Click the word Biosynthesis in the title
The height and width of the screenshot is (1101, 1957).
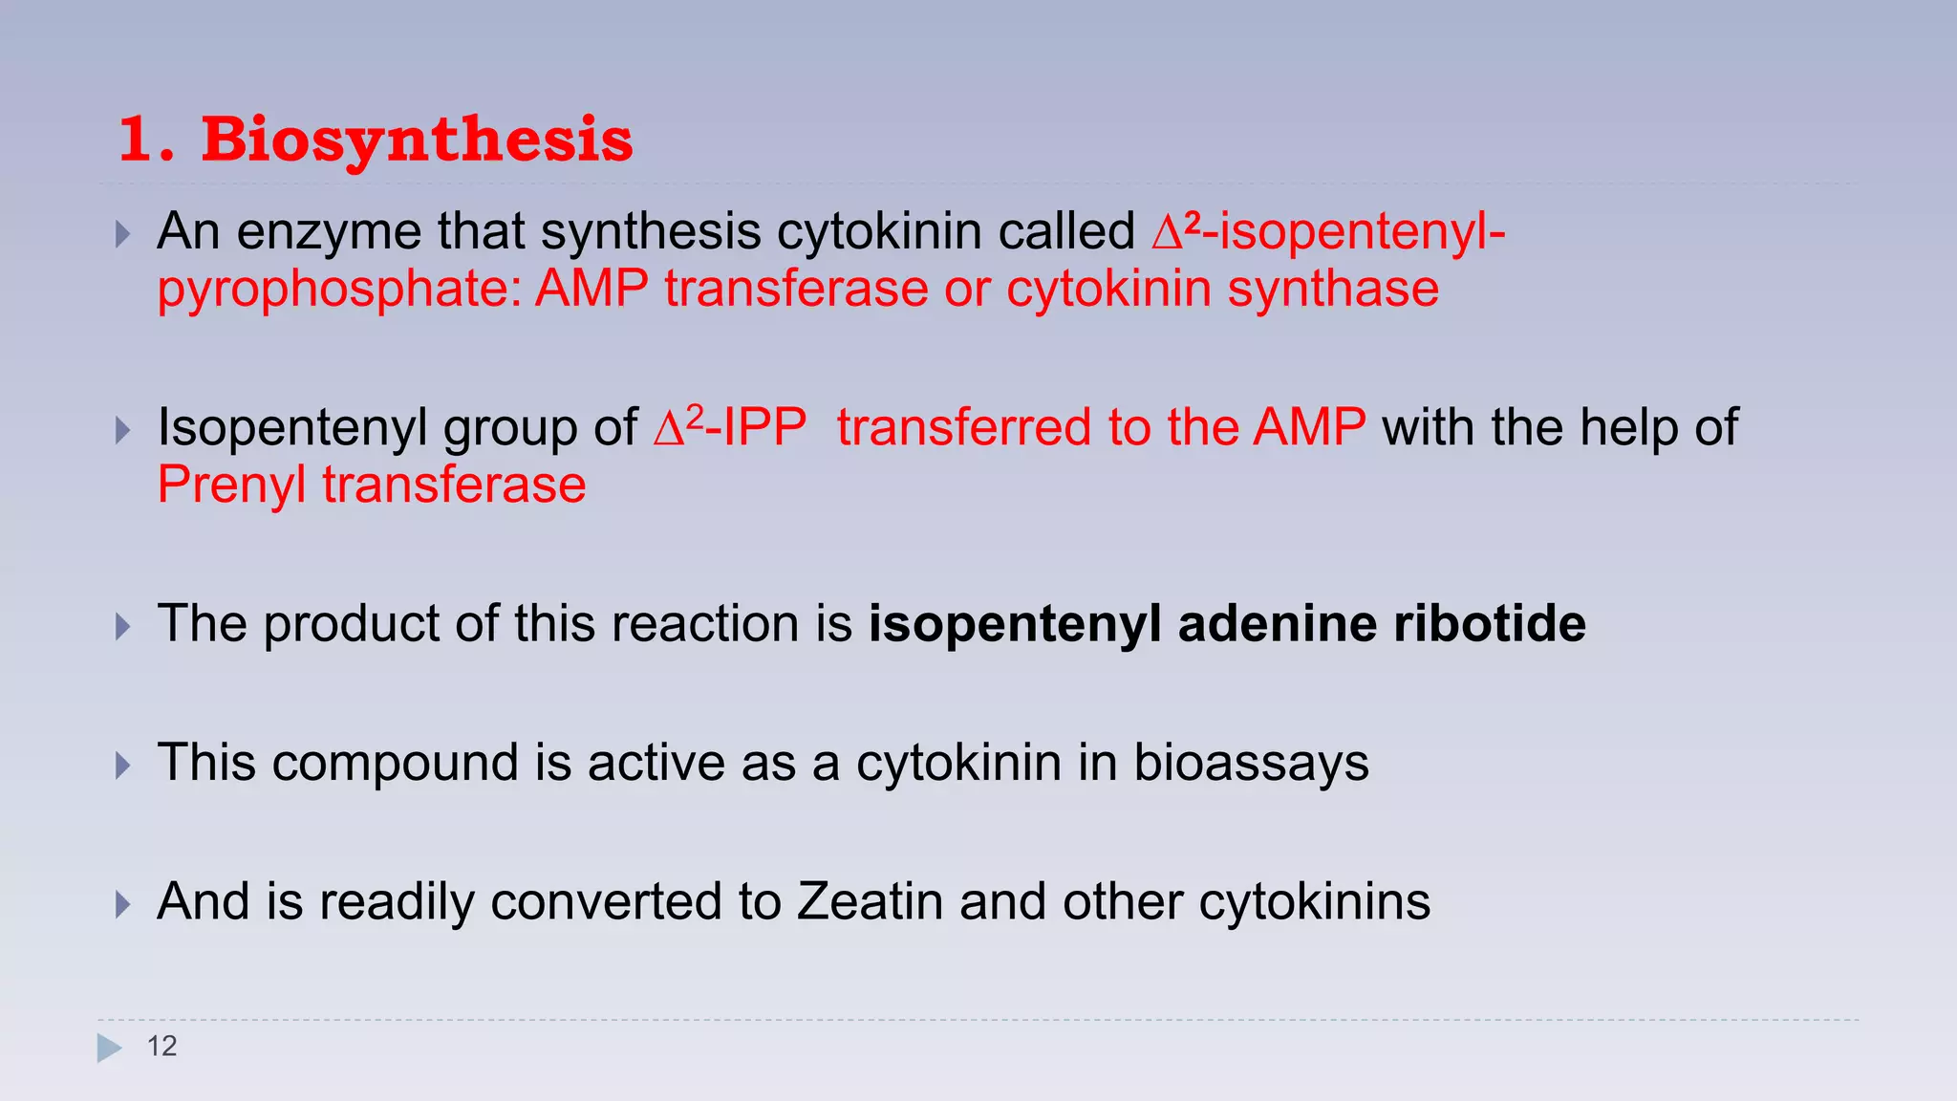[417, 140]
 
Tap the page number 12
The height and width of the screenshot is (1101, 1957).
[161, 1047]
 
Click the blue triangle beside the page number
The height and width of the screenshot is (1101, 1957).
[109, 1047]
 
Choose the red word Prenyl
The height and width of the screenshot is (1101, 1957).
[232, 485]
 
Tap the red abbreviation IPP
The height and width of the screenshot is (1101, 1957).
[764, 427]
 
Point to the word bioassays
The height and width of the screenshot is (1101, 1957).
[1251, 764]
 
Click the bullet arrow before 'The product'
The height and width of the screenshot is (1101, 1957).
[122, 627]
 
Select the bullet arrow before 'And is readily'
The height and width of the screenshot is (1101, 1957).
[122, 904]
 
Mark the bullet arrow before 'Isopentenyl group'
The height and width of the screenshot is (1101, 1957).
[122, 430]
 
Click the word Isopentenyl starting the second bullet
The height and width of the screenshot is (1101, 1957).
[291, 428]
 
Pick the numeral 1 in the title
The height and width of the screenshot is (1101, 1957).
[137, 140]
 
